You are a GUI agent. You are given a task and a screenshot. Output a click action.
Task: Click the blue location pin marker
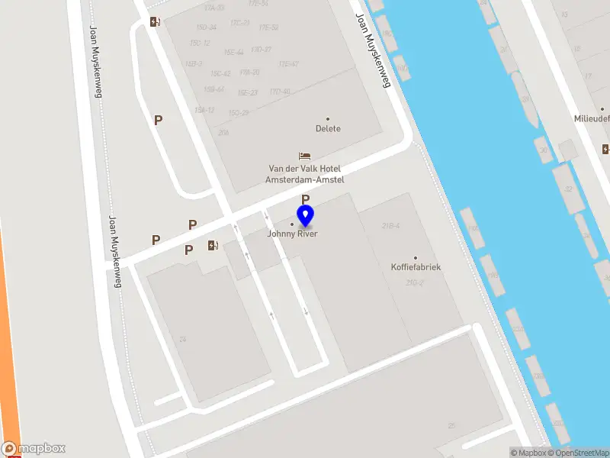pos(305,217)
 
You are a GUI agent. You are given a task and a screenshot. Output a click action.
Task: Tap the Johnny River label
pos(292,234)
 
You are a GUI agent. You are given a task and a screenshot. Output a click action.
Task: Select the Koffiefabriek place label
pos(416,267)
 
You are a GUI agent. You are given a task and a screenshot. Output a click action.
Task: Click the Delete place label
pos(328,128)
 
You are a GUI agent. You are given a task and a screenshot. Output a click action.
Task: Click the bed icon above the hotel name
pos(304,156)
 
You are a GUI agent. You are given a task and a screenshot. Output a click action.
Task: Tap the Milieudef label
pos(592,119)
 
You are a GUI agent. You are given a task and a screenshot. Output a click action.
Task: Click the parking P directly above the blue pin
pos(305,199)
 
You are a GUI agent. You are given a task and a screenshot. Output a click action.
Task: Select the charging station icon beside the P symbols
pos(213,245)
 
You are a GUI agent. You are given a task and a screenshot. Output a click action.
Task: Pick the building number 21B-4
pos(391,226)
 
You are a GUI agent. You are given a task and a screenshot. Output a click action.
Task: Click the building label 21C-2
pos(414,283)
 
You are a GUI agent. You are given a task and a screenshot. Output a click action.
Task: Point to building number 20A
pos(223,133)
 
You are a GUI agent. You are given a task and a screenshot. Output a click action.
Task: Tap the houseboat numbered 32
pos(567,189)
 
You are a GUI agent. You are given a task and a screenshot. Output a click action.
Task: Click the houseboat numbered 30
pos(544,150)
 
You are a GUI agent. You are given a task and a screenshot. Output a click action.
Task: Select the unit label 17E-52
pos(268,27)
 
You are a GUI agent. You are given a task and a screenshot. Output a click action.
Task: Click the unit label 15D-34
pos(207,27)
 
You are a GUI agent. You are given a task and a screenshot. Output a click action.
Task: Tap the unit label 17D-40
pos(280,92)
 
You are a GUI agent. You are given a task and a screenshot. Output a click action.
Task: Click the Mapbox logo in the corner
pos(33,449)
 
